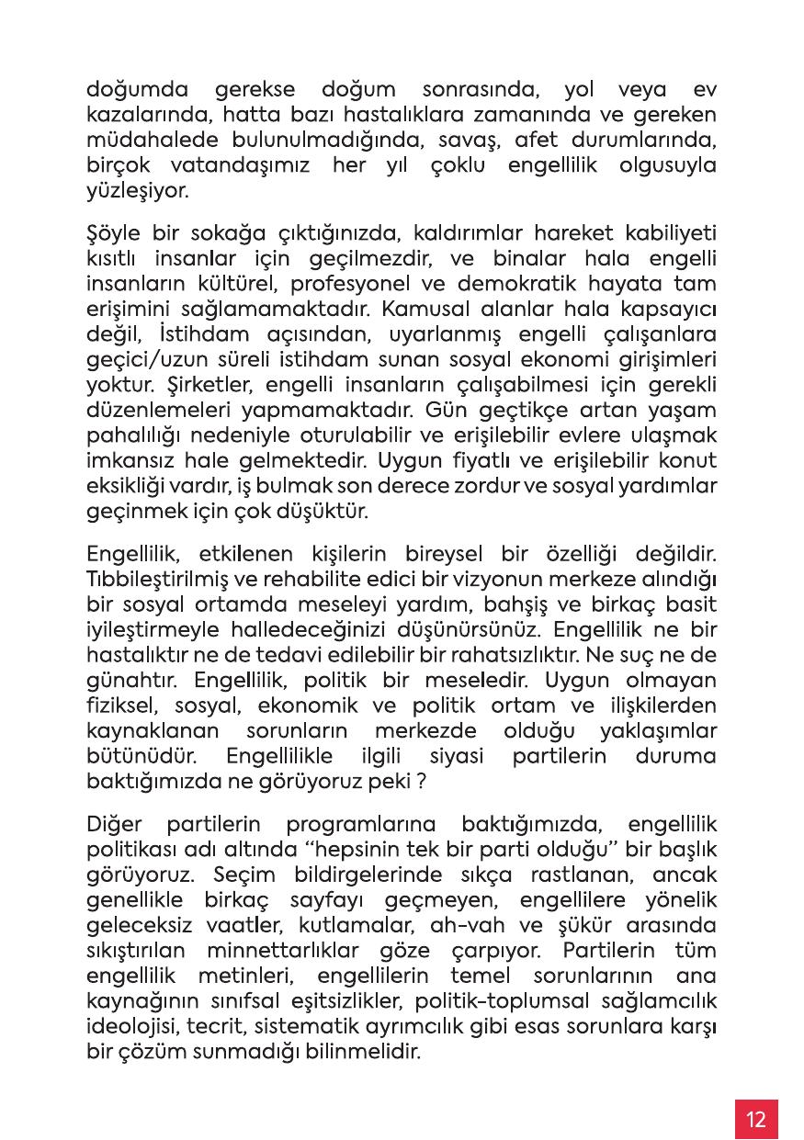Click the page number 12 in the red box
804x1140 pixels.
coord(756,1120)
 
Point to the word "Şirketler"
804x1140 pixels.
coord(126,385)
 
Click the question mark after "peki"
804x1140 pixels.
coord(422,784)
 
